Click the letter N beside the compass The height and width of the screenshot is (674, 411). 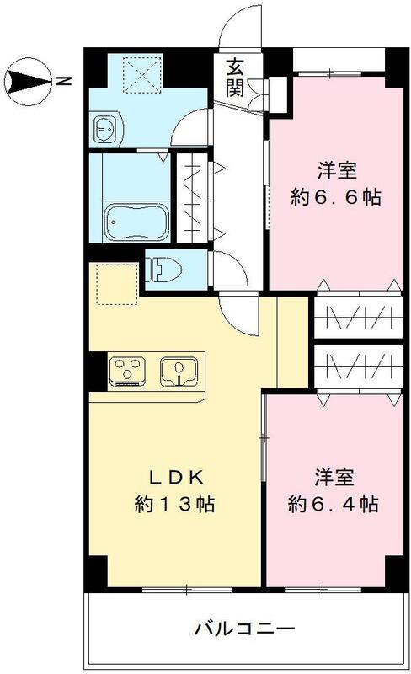63,82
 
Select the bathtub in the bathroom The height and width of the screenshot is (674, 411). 134,221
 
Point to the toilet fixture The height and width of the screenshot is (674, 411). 163,270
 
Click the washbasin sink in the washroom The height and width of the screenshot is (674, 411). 108,130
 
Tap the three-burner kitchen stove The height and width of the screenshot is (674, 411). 129,369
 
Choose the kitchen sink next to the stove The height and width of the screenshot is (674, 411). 178,370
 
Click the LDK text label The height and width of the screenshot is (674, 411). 173,476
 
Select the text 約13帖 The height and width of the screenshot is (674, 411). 173,505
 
